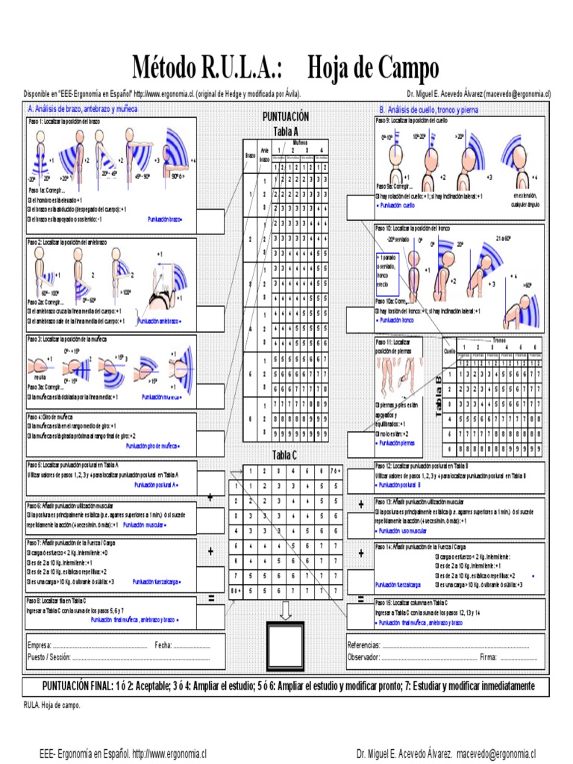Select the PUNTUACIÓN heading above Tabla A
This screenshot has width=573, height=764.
[x=285, y=117]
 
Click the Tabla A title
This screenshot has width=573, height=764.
[x=285, y=131]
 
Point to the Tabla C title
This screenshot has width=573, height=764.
[x=284, y=456]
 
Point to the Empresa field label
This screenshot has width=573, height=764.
[x=40, y=645]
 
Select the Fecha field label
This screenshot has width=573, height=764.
[x=164, y=645]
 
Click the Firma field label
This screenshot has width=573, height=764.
[x=489, y=657]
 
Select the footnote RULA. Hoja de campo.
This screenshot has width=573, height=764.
[x=52, y=704]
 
